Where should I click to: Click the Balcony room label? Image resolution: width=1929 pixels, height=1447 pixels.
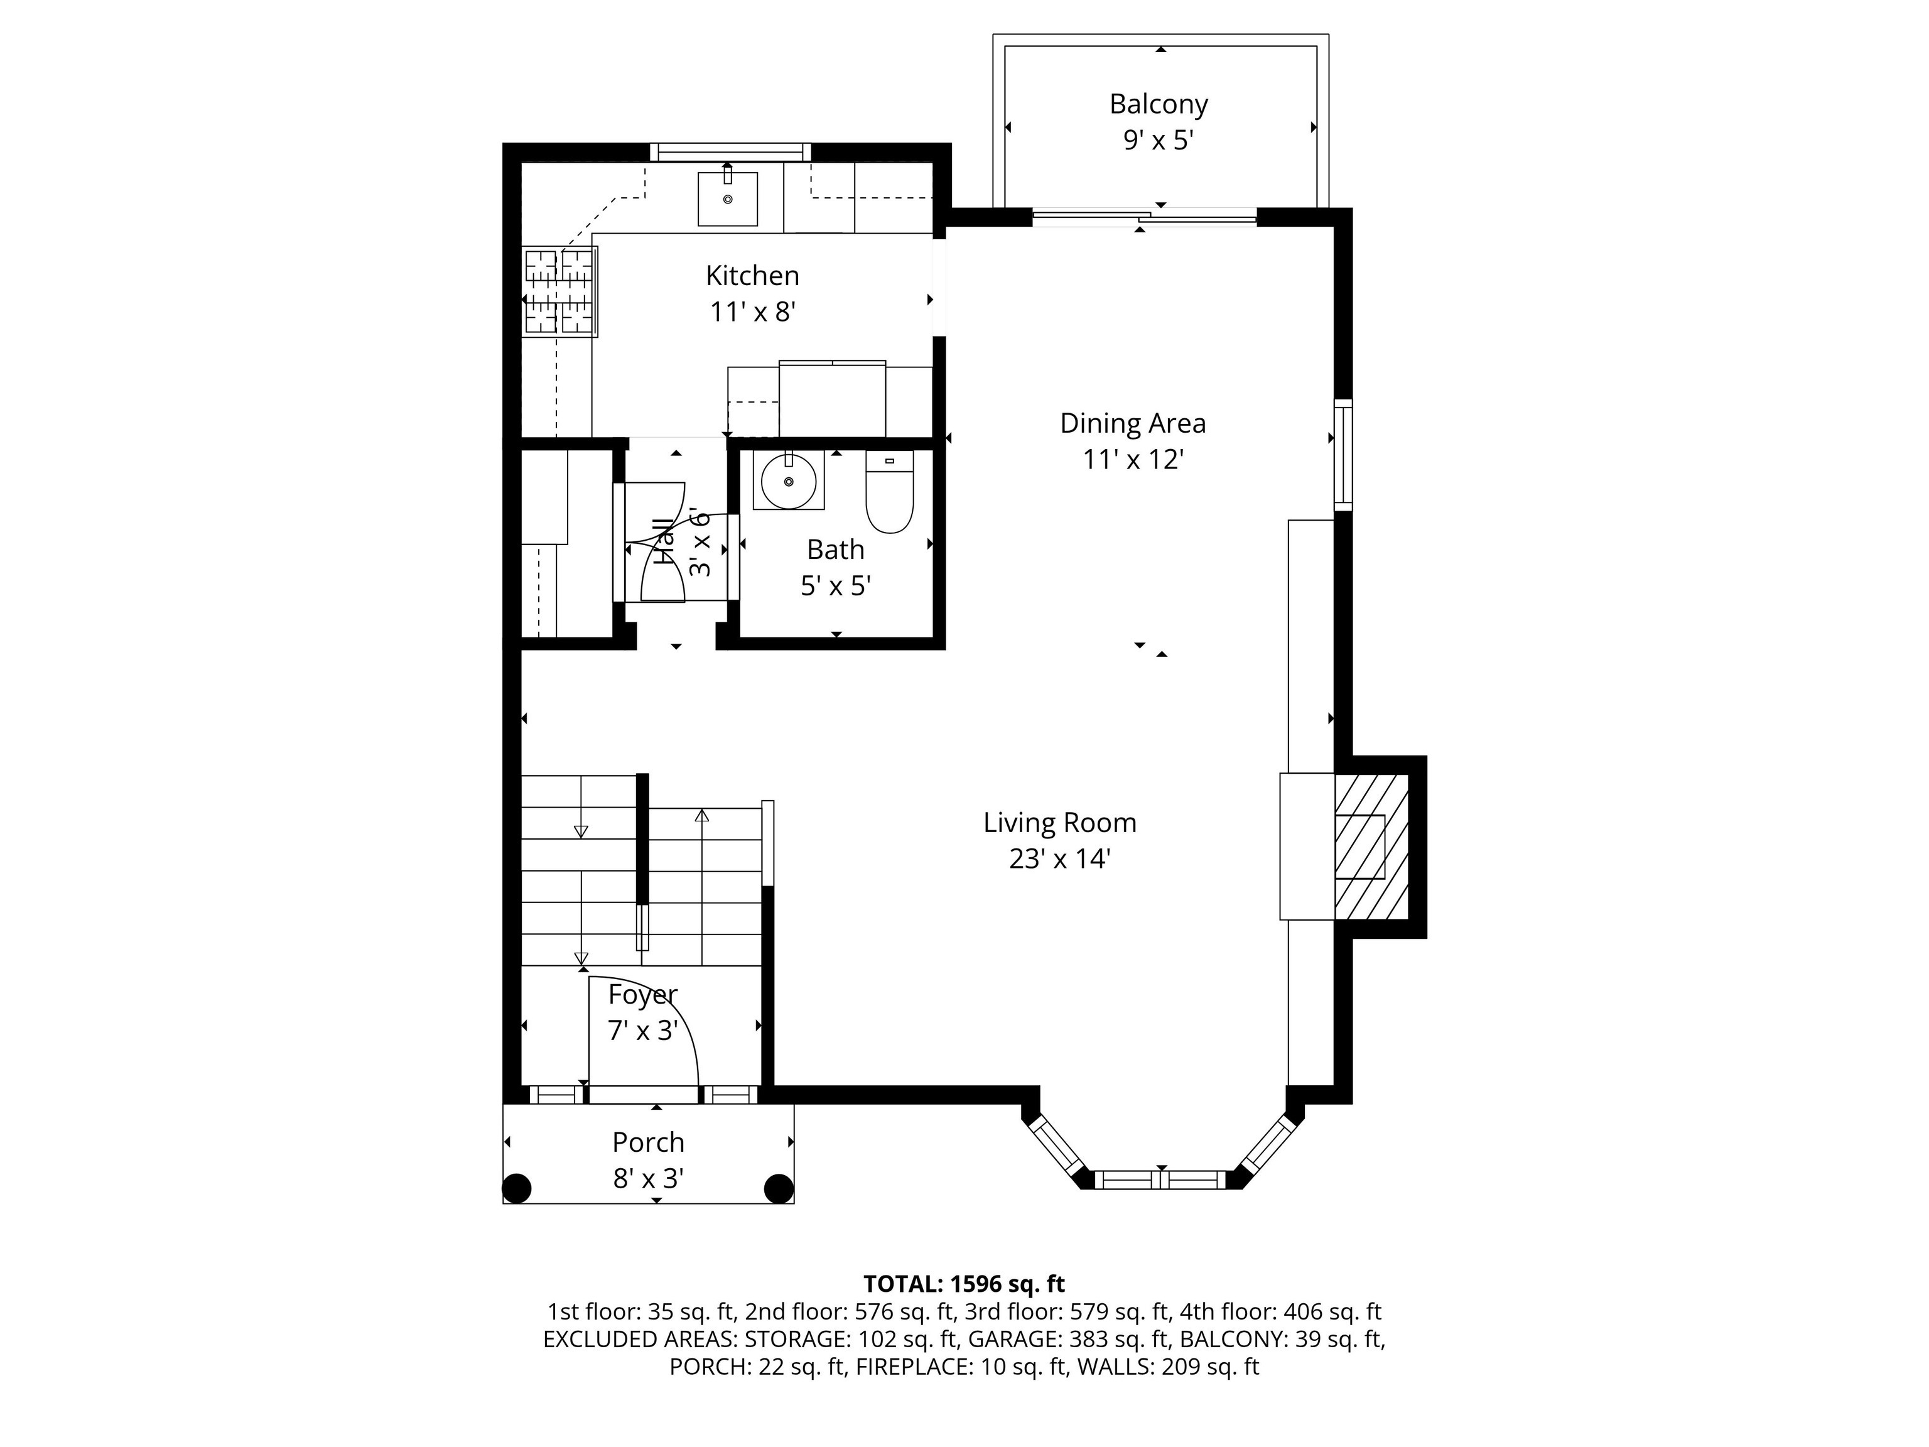point(1158,104)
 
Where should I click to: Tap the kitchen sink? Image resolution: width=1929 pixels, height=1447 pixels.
point(727,199)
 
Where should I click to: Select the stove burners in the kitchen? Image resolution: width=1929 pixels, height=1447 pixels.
point(560,292)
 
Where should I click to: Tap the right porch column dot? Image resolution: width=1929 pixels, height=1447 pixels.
point(778,1188)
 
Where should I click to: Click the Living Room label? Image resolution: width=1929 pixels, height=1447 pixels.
point(1059,823)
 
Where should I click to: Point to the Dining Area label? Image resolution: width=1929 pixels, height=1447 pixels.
point(1133,423)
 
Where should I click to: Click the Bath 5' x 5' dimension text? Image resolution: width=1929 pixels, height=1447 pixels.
point(835,585)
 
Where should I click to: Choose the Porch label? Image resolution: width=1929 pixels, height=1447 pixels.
point(648,1142)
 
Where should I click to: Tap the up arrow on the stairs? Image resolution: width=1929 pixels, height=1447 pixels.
point(701,816)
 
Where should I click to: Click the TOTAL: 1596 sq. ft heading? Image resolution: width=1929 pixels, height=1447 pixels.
point(964,1283)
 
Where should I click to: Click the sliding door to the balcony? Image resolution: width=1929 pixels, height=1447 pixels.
point(1144,217)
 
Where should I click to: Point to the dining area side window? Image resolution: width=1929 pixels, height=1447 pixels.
point(1344,455)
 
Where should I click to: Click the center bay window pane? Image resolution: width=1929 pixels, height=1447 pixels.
point(1160,1180)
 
